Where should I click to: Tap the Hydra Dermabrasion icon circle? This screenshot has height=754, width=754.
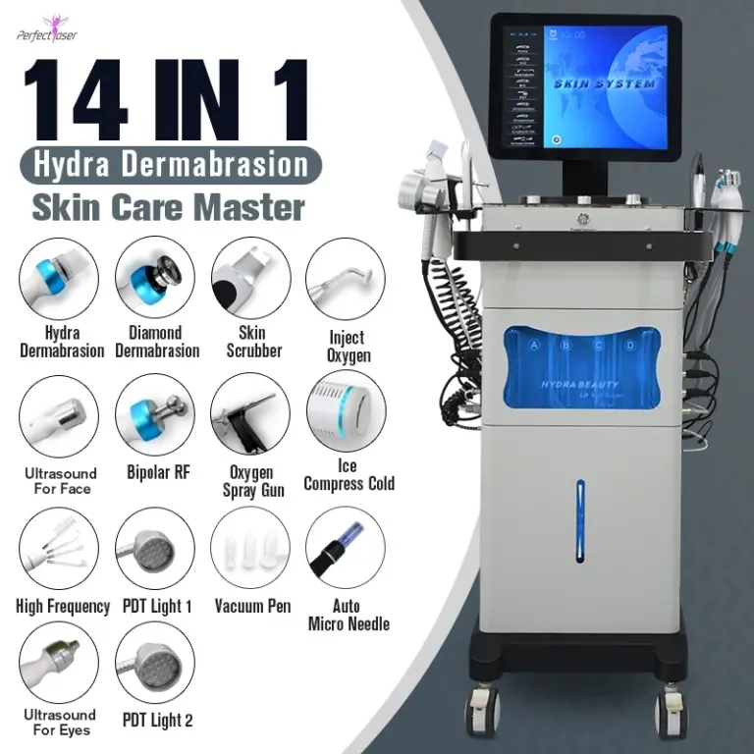pyautogui.click(x=59, y=277)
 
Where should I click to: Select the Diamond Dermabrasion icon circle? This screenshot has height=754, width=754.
pyautogui.click(x=154, y=277)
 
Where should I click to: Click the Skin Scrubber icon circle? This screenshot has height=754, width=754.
pyautogui.click(x=249, y=277)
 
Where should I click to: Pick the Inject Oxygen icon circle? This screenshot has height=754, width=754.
pyautogui.click(x=345, y=277)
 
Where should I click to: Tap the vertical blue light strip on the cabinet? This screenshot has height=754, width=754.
pyautogui.click(x=580, y=520)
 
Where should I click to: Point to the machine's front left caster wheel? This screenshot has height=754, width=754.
pyautogui.click(x=483, y=709)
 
